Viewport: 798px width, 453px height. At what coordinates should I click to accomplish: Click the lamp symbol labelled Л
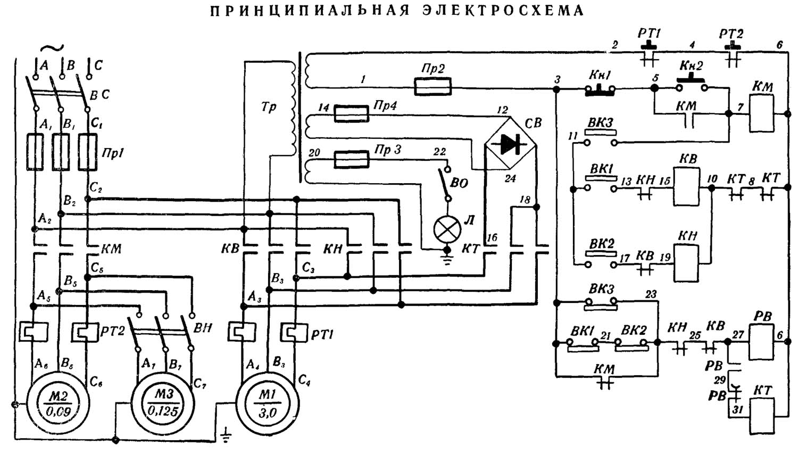(447, 229)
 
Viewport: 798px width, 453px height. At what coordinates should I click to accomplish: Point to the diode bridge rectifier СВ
(510, 144)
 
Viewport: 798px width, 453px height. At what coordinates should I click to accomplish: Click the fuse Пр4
(351, 113)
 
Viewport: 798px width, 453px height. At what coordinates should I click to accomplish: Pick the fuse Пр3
(351, 159)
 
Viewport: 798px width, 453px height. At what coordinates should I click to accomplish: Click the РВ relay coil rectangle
(763, 342)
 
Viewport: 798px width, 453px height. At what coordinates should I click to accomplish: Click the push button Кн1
(600, 90)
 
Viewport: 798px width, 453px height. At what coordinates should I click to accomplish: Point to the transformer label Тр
(269, 107)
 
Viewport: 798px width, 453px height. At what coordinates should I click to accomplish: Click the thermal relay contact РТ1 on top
(649, 56)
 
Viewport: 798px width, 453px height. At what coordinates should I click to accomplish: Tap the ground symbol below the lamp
(447, 258)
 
